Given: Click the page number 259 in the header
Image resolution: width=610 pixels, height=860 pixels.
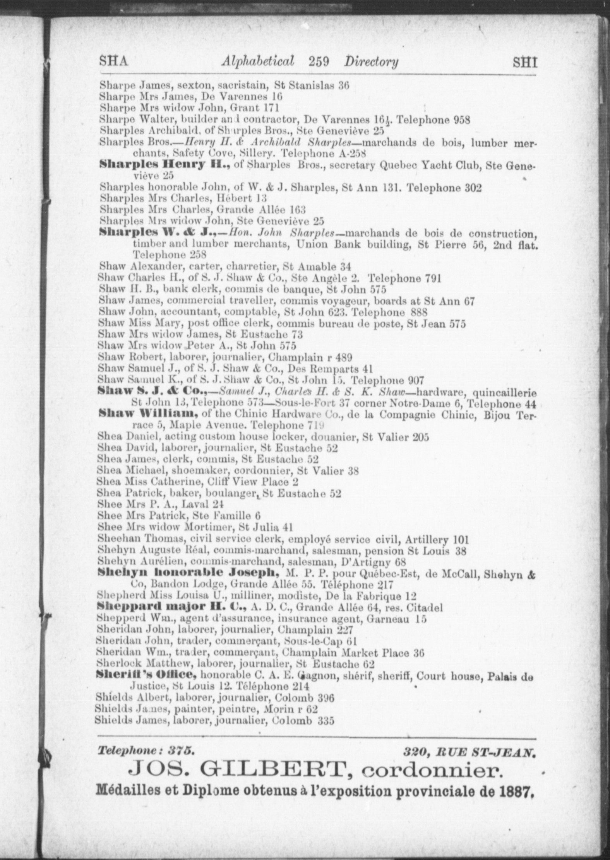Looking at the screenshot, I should [319, 61].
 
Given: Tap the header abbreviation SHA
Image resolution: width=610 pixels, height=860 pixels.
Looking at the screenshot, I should [113, 61].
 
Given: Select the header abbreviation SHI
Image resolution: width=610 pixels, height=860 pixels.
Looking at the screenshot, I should [525, 62].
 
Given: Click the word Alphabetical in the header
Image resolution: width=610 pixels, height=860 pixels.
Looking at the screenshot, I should [257, 61].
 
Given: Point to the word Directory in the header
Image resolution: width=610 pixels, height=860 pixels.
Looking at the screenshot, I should [372, 62].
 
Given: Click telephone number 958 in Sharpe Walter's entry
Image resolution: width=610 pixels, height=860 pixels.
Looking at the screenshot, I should [459, 120].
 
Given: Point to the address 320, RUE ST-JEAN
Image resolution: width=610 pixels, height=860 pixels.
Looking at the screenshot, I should [469, 752].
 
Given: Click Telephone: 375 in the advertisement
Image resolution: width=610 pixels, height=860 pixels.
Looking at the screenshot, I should [146, 751].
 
